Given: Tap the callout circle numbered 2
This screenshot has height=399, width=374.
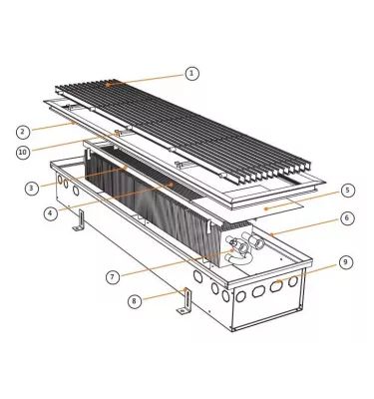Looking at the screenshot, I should pyautogui.click(x=21, y=131).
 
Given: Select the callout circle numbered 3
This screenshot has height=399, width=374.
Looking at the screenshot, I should pyautogui.click(x=32, y=187).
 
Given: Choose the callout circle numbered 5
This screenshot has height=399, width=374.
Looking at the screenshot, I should pyautogui.click(x=347, y=190).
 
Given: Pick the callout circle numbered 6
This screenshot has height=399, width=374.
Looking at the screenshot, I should pyautogui.click(x=346, y=217).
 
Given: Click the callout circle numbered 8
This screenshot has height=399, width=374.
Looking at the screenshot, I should pyautogui.click(x=133, y=299).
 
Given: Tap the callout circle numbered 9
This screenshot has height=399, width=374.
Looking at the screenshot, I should pyautogui.click(x=345, y=261).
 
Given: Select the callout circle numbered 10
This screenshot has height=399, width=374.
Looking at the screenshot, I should pyautogui.click(x=21, y=152).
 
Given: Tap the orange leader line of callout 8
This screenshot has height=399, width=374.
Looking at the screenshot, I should pyautogui.click(x=160, y=296).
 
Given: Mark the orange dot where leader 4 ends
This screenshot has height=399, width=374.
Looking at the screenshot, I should pyautogui.click(x=174, y=185).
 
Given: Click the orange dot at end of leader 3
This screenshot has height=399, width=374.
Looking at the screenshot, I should pyautogui.click(x=122, y=170).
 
